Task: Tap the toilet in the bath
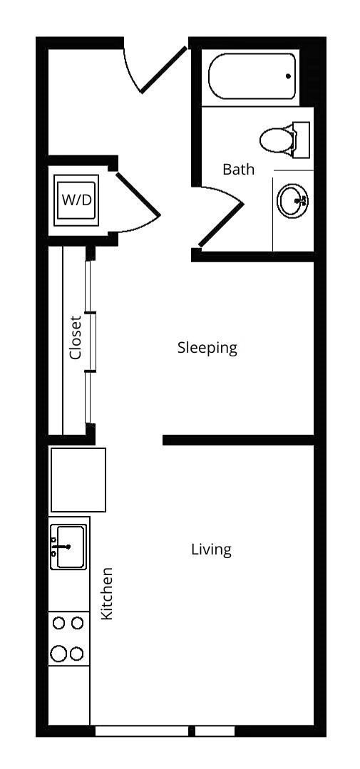(x=278, y=140)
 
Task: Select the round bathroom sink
(x=292, y=201)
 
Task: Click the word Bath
(x=238, y=170)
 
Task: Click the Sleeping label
(x=207, y=348)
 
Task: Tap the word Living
(x=211, y=549)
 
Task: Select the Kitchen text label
(x=107, y=593)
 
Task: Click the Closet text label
(x=76, y=337)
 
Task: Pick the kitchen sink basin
(x=69, y=547)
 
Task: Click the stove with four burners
(x=68, y=638)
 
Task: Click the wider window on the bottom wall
(x=141, y=731)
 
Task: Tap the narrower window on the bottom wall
(x=215, y=731)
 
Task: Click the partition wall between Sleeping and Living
(x=238, y=440)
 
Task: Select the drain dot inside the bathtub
(x=289, y=76)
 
